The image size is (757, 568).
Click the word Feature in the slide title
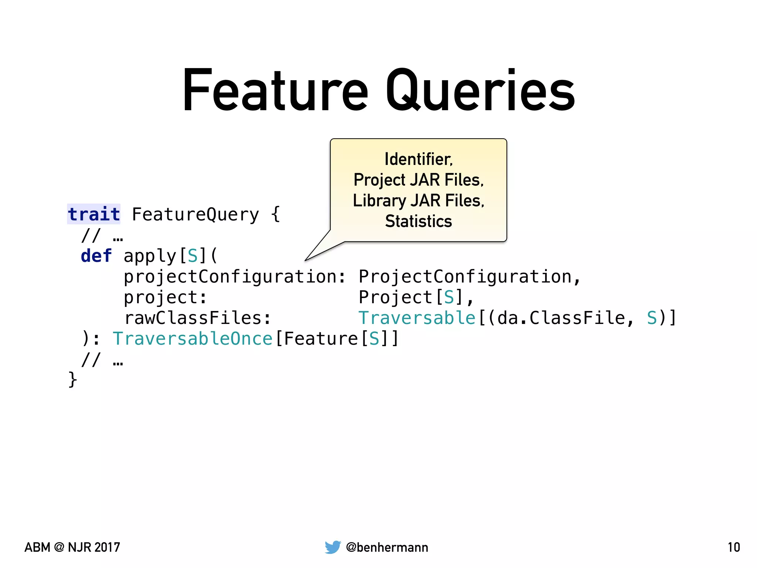point(275,91)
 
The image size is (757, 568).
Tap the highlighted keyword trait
point(94,214)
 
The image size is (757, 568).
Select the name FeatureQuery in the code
point(196,214)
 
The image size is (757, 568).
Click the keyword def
point(96,256)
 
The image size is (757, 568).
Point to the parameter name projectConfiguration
point(230,277)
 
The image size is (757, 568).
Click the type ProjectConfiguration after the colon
point(465,277)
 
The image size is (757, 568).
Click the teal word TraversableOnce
point(192,339)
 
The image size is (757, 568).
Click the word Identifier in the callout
point(418,159)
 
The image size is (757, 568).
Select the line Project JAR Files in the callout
point(418,180)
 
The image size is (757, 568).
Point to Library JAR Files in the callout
point(418,201)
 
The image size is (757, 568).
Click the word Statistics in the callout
point(418,222)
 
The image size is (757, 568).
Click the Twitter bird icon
point(333,547)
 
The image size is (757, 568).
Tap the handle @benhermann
point(387,547)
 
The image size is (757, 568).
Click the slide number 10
point(734,547)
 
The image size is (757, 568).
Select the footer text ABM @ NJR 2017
point(72,547)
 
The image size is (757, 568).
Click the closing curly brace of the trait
point(72,379)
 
